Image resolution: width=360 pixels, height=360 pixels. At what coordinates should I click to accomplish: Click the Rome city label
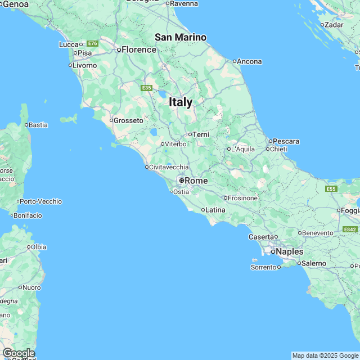[196, 181]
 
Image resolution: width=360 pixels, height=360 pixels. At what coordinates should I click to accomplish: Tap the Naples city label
[290, 251]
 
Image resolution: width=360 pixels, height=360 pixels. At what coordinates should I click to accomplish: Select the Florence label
[139, 49]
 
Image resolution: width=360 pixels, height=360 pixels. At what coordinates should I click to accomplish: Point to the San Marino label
[181, 37]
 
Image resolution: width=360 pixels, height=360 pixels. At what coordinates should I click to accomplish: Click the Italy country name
[181, 102]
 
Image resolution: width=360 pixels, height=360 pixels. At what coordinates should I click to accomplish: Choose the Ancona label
[250, 61]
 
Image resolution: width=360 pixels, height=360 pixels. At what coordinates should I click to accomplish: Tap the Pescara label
[286, 141]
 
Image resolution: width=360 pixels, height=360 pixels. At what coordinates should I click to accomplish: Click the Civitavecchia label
[169, 167]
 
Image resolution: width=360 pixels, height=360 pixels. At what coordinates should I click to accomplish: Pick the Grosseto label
[128, 120]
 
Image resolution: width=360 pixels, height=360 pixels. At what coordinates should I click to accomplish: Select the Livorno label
[85, 65]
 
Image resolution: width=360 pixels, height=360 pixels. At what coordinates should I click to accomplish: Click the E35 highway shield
[147, 88]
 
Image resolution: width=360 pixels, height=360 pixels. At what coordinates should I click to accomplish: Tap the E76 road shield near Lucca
[93, 43]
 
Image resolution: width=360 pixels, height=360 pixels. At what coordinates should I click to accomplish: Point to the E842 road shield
[350, 229]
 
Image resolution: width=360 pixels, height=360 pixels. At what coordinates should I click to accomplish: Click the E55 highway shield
[331, 188]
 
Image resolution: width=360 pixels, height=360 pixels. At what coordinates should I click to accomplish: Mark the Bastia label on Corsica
[38, 125]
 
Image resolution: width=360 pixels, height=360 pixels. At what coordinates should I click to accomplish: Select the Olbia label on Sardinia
[39, 247]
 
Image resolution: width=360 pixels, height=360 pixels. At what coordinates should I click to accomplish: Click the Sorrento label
[263, 267]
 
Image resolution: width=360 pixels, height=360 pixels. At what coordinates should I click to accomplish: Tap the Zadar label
[334, 25]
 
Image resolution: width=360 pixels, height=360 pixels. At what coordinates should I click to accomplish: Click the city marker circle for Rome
[181, 181]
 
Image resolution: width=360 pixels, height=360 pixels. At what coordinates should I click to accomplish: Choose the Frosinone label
[243, 198]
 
